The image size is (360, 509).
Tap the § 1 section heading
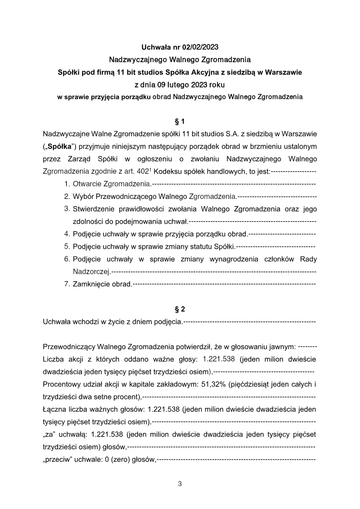(x=180, y=122)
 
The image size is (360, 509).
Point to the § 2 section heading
(x=180, y=309)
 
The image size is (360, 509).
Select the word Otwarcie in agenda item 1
(x=87, y=184)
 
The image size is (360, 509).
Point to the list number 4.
(x=67, y=234)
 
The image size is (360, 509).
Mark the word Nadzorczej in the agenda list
(x=91, y=272)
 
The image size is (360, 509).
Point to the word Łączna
(x=54, y=410)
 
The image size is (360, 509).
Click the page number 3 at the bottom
(x=180, y=485)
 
